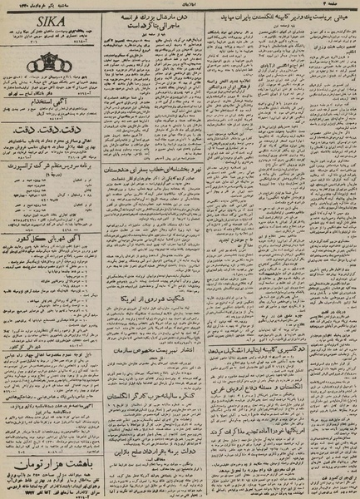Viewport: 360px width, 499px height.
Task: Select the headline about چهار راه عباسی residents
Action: coord(52,379)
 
